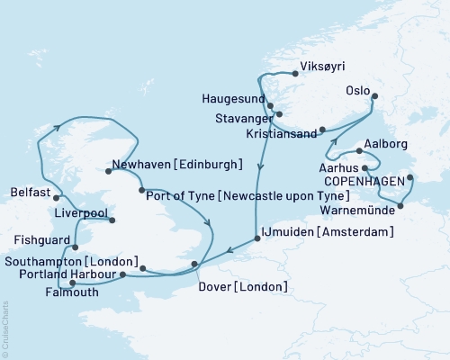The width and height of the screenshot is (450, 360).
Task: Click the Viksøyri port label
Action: (x=321, y=66)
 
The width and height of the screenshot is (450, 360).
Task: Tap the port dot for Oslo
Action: (x=374, y=97)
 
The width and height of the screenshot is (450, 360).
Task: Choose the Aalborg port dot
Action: (x=359, y=151)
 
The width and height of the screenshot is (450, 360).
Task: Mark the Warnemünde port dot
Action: (x=400, y=206)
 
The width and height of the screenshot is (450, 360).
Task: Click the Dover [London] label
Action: (x=241, y=287)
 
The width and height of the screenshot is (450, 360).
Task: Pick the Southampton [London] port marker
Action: (x=143, y=267)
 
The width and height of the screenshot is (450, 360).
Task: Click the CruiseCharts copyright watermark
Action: (x=25, y=351)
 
